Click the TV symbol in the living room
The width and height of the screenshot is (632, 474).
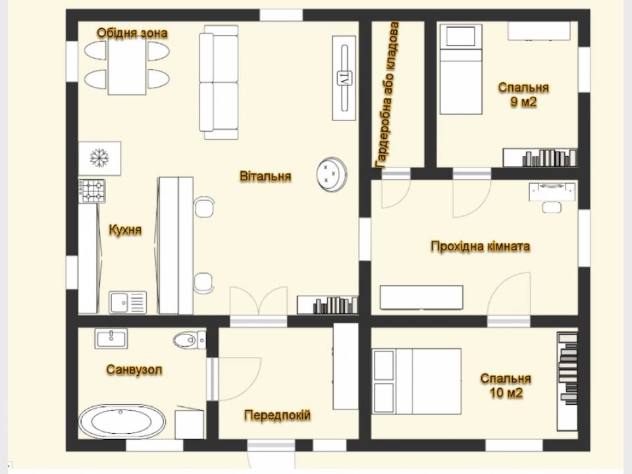344,78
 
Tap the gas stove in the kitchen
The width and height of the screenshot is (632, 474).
92,191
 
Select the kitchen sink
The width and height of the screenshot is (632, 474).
127,302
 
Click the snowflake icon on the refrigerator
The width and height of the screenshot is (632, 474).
99,157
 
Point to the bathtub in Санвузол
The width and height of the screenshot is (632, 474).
122,421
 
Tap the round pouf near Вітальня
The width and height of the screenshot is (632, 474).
332,174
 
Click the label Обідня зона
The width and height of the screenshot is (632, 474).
132,33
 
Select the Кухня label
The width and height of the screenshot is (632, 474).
125,230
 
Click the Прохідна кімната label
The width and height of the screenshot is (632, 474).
480,246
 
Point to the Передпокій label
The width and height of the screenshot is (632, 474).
277,415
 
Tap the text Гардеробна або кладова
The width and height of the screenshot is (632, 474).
387,95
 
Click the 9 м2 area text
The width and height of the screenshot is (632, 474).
523,101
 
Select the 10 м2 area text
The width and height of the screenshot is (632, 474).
506,392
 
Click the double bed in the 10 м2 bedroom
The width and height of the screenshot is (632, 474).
417,381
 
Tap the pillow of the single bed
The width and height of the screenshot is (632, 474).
461,37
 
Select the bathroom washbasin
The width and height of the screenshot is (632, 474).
111,338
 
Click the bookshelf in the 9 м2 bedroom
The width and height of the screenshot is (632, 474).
540,157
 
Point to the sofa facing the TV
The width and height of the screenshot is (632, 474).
219,82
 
